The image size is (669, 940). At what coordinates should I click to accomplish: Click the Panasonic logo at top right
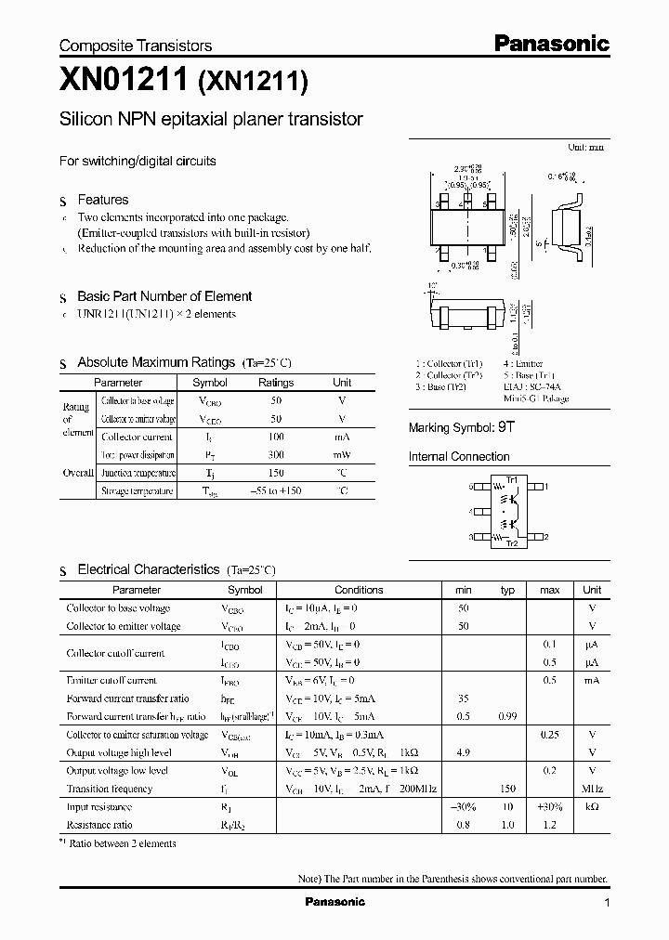point(550,43)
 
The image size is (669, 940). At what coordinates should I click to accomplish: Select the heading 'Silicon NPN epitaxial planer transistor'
point(211,120)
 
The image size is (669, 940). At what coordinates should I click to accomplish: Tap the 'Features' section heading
point(102,200)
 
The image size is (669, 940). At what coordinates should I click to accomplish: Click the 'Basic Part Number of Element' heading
point(164,296)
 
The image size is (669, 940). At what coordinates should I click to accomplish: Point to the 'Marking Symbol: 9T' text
point(461,428)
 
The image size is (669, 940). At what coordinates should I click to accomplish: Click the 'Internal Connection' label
point(459,457)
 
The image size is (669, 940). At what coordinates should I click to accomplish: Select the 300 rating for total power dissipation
point(275,455)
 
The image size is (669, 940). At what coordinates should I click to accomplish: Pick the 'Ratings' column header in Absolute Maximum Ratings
point(275,383)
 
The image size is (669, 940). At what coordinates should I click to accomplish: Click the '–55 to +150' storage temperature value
point(275,490)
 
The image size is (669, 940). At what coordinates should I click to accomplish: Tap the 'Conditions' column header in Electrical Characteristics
point(359,590)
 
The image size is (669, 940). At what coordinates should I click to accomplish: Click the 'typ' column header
point(507,590)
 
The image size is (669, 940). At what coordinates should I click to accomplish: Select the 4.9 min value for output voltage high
point(464,752)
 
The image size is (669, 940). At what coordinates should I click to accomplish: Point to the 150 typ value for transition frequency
point(507,789)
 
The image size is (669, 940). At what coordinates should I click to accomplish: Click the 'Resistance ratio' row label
point(99,825)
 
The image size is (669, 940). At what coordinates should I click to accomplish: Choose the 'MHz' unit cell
point(591,789)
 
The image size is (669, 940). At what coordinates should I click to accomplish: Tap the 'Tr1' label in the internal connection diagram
point(511,479)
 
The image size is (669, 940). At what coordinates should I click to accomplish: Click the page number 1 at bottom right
point(607,903)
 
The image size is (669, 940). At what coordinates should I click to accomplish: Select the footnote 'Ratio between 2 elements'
point(122,843)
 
